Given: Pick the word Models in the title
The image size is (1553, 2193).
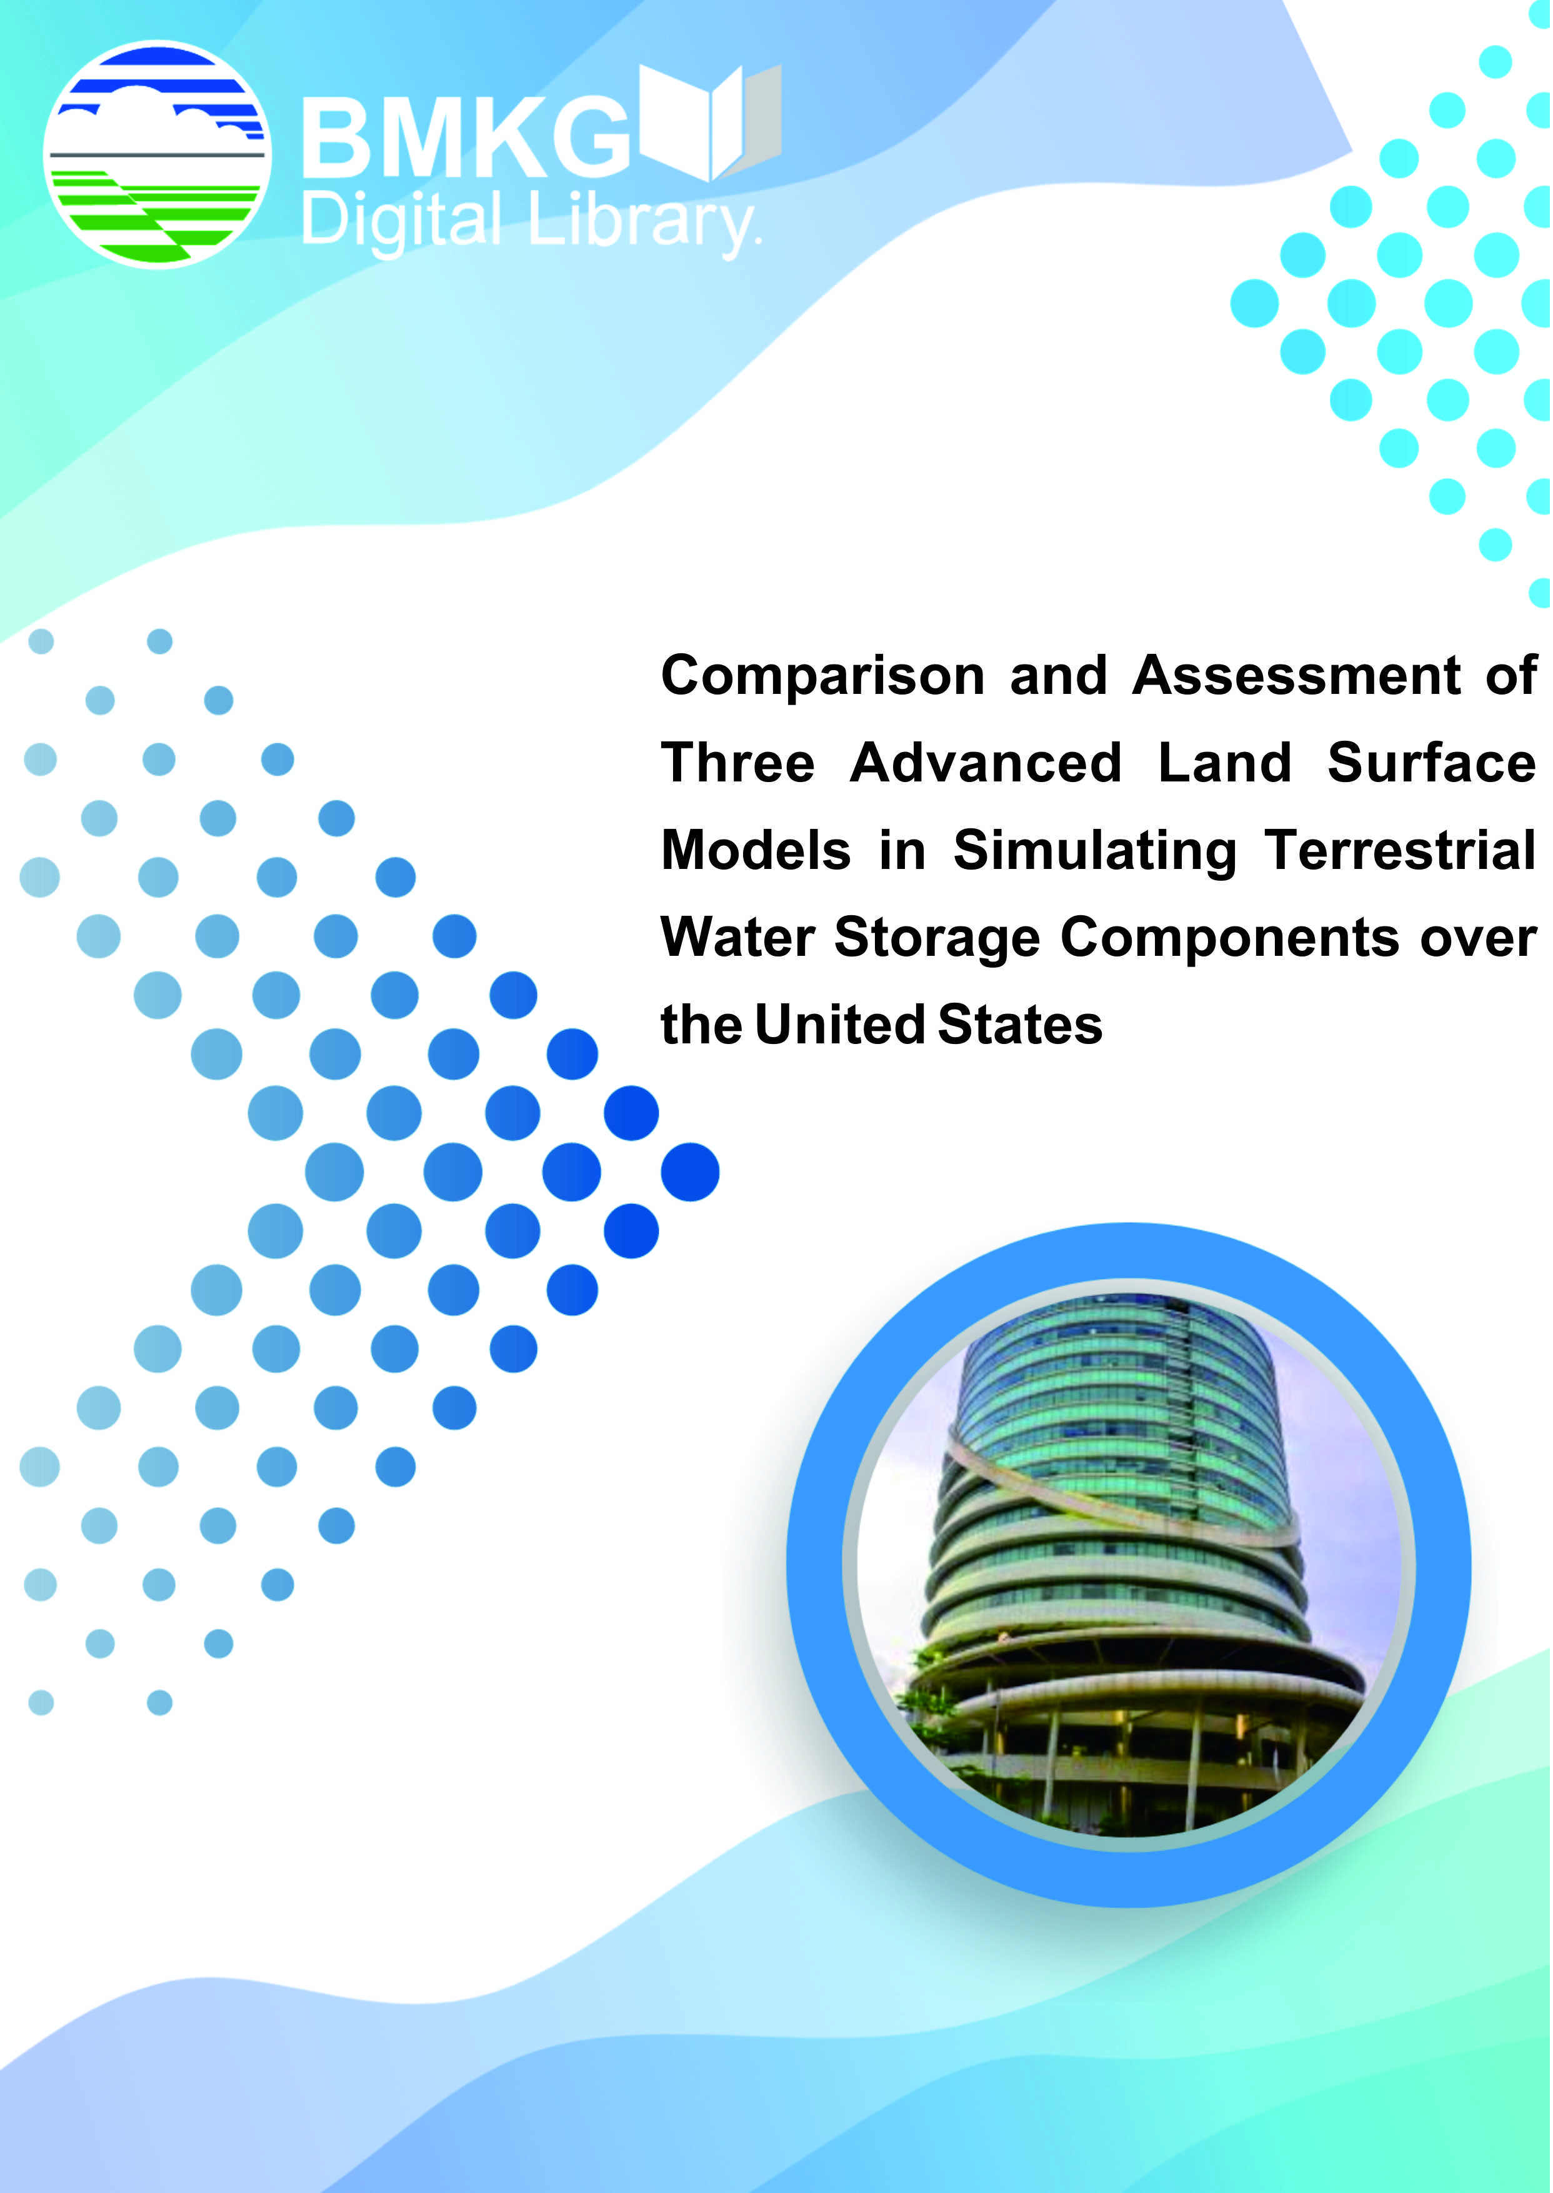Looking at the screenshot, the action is pos(756,850).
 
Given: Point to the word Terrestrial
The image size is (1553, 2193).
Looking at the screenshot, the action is pos(1400,850).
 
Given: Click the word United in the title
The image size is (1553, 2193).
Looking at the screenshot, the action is pos(839,1025).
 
